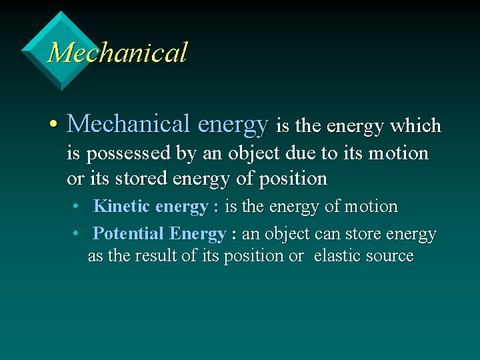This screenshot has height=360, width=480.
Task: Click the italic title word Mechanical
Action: point(117,53)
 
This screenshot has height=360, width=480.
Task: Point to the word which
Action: point(416,125)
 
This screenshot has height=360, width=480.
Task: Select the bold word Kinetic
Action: point(122,207)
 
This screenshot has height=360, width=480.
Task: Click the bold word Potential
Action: point(129,234)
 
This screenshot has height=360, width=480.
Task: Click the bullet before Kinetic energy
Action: point(77,207)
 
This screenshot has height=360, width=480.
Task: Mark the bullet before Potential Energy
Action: point(77,234)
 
